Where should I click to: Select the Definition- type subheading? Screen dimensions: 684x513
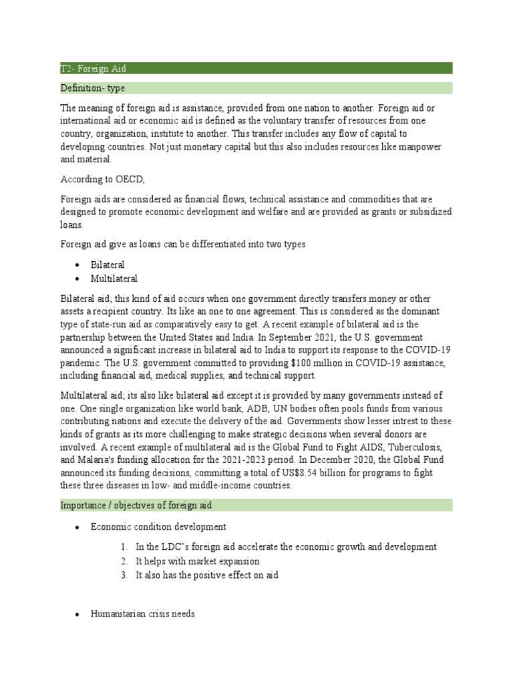[92, 88]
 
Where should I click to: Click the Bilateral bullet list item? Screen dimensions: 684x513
[108, 265]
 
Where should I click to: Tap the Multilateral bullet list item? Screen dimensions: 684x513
[114, 278]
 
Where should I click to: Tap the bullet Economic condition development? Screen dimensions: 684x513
[158, 526]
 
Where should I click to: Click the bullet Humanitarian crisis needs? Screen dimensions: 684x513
[142, 613]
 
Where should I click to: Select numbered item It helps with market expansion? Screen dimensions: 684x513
[197, 561]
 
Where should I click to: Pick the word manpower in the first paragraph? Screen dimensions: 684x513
[427, 146]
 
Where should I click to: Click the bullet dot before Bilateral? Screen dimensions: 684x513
[77, 265]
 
